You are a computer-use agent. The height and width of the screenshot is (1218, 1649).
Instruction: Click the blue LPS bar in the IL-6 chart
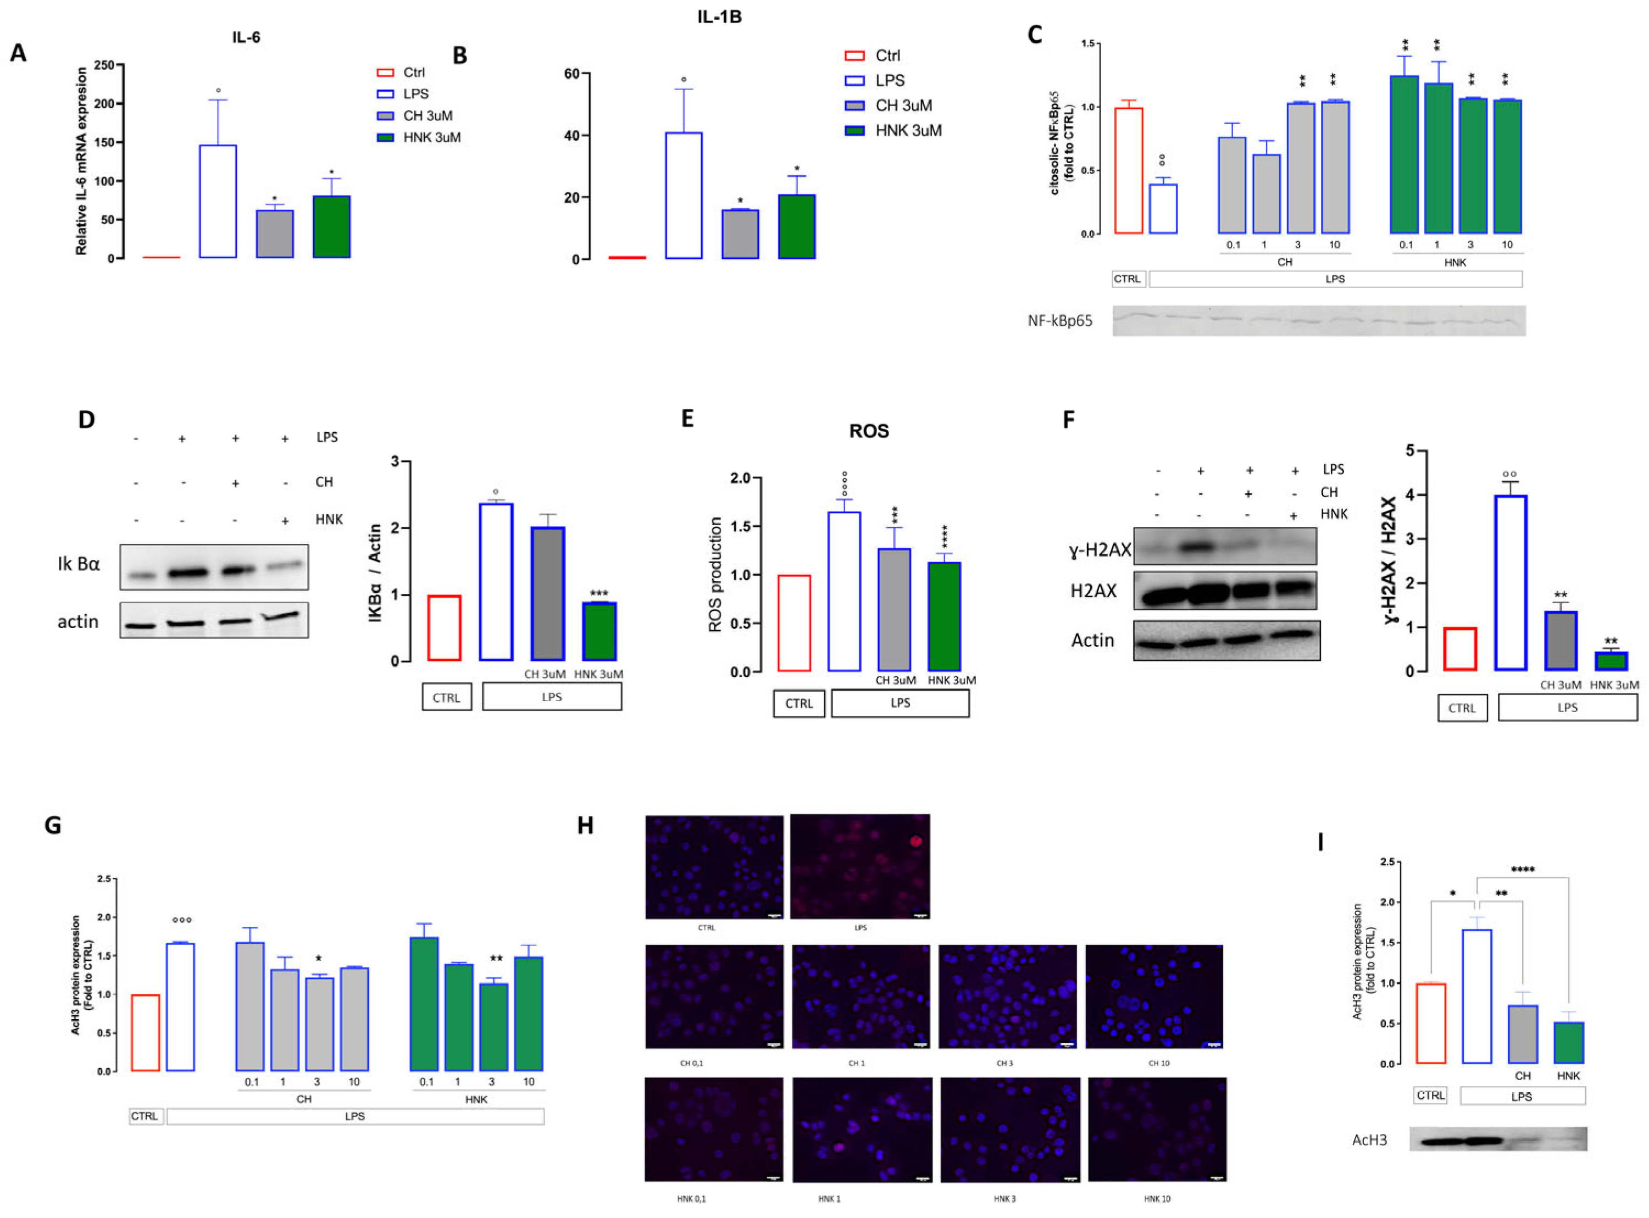pyautogui.click(x=218, y=201)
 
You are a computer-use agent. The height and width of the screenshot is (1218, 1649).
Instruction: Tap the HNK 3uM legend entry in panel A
pyautogui.click(x=418, y=138)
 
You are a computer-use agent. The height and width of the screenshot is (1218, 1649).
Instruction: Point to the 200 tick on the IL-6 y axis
pyautogui.click(x=104, y=104)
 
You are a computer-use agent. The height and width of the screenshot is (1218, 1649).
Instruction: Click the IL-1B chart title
pyautogui.click(x=719, y=16)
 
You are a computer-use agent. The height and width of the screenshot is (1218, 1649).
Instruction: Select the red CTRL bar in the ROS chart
pyautogui.click(x=793, y=623)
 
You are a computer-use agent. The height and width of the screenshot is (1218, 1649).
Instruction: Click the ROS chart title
pyautogui.click(x=869, y=431)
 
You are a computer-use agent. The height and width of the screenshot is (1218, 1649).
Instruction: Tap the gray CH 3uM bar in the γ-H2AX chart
pyautogui.click(x=1561, y=641)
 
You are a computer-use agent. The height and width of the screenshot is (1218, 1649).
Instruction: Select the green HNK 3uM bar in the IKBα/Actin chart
pyautogui.click(x=599, y=631)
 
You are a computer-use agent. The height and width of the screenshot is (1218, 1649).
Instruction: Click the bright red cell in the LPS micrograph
pyautogui.click(x=916, y=841)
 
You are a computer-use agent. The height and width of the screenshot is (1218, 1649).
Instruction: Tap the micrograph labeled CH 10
pyautogui.click(x=1153, y=996)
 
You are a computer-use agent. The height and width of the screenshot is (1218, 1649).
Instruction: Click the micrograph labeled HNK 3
pyautogui.click(x=1009, y=1129)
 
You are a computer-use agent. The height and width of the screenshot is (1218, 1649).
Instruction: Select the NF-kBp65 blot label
pyautogui.click(x=1060, y=321)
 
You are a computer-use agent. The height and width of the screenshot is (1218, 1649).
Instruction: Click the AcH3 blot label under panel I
pyautogui.click(x=1369, y=1140)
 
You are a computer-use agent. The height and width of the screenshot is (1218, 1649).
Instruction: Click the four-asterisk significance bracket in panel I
pyautogui.click(x=1522, y=871)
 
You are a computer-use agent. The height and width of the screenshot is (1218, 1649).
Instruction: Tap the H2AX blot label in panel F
pyautogui.click(x=1093, y=591)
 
